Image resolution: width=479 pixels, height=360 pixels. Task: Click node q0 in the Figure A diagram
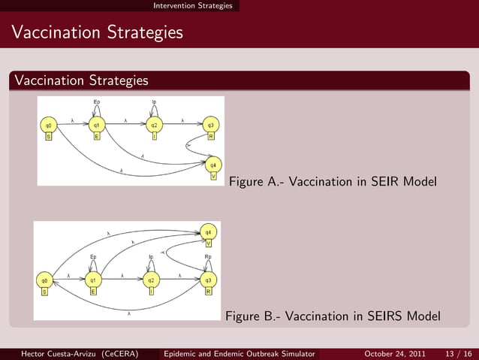pyautogui.click(x=49, y=125)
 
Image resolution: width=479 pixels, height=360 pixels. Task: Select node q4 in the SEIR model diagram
pyautogui.click(x=213, y=165)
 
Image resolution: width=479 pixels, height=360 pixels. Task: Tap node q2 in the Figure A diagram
pyautogui.click(x=154, y=125)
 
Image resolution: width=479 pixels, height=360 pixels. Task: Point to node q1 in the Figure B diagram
pyautogui.click(x=93, y=280)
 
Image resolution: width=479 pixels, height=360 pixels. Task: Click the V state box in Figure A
pyautogui.click(x=213, y=177)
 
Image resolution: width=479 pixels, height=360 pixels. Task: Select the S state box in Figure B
pyautogui.click(x=45, y=292)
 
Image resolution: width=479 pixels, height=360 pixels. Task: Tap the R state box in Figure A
pyautogui.click(x=212, y=137)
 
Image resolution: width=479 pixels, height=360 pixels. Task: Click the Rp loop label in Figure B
pyautogui.click(x=208, y=257)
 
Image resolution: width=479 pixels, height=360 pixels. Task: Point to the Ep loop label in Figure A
pyautogui.click(x=96, y=101)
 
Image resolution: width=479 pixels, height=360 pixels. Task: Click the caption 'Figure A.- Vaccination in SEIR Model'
pyautogui.click(x=332, y=182)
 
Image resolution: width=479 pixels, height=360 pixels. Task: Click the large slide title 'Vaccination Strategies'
pyautogui.click(x=98, y=33)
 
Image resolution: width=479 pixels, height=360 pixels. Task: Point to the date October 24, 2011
pyautogui.click(x=395, y=353)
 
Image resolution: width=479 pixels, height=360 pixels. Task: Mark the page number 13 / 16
pyautogui.click(x=458, y=353)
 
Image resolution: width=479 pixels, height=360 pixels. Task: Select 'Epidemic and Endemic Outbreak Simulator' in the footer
pyautogui.click(x=240, y=353)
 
